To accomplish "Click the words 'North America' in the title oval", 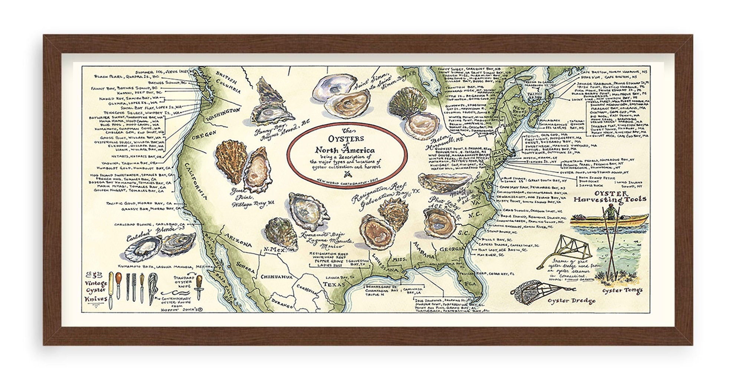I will [x=345, y=150].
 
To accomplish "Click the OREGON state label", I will [x=204, y=136].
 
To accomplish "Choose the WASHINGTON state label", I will [x=223, y=114].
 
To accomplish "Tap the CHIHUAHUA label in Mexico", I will [x=277, y=277].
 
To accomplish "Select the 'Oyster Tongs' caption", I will [x=622, y=290].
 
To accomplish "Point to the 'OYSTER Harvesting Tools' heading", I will [x=610, y=197].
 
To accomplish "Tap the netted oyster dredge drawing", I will [x=527, y=292].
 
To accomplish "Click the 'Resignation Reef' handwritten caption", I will [x=380, y=191].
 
